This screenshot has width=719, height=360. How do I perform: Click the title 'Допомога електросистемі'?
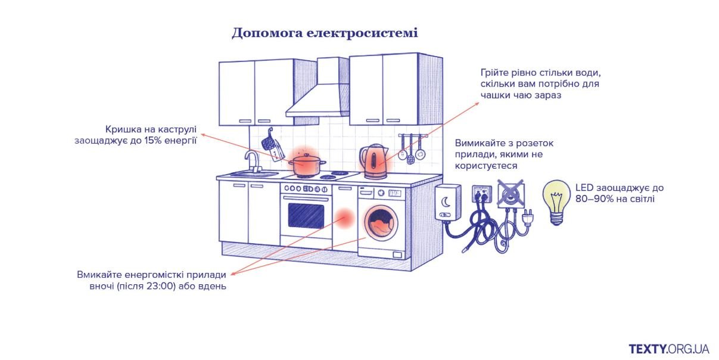click(x=325, y=33)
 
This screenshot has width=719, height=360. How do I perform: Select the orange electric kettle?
click(x=373, y=162)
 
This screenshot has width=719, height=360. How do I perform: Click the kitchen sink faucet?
click(x=253, y=160)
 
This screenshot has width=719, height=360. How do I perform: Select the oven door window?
click(x=306, y=215)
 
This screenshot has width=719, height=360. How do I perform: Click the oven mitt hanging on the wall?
click(x=273, y=147)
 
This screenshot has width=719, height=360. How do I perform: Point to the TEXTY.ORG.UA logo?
click(x=668, y=348)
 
